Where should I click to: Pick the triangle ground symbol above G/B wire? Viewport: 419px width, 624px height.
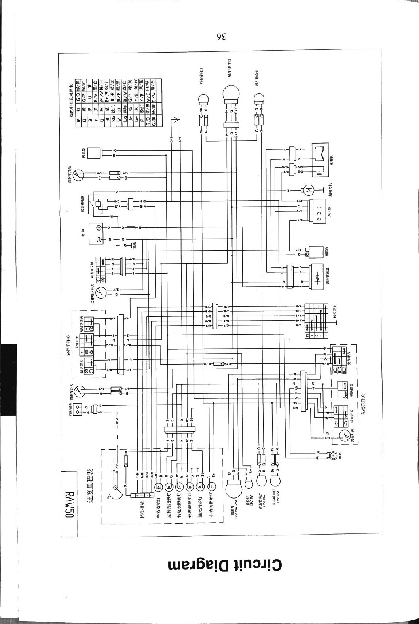coord(176,120)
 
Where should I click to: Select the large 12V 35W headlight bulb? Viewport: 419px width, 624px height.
coord(236,490)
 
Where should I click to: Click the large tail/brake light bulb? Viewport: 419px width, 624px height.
coord(231,95)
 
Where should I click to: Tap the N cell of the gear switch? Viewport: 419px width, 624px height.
coord(307,335)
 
